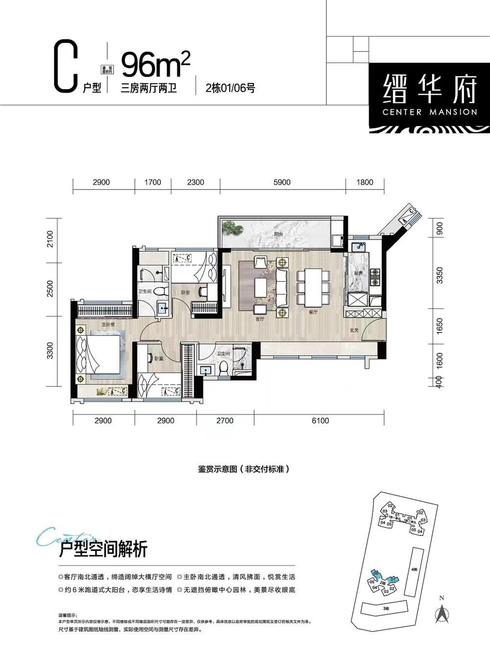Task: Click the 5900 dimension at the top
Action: (x=282, y=182)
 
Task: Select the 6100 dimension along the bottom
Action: (x=319, y=420)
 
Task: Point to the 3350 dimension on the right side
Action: (x=440, y=276)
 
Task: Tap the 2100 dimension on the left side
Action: (x=50, y=240)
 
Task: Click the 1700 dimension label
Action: (x=152, y=182)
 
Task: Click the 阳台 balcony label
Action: (x=279, y=235)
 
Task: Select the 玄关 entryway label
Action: (x=354, y=331)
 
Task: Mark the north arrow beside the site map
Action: (x=442, y=612)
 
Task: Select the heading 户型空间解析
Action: (x=102, y=549)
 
